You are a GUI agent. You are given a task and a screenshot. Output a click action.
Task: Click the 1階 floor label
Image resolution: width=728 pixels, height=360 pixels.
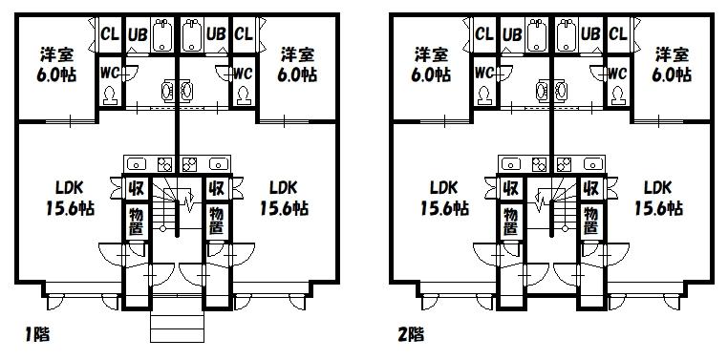(37, 334)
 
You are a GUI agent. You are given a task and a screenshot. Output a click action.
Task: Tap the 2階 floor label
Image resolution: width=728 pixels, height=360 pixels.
(411, 334)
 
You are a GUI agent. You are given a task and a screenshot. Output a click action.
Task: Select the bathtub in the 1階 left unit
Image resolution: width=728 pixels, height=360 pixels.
(161, 34)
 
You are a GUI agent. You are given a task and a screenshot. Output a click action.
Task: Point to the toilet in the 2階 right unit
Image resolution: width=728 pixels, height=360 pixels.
(617, 95)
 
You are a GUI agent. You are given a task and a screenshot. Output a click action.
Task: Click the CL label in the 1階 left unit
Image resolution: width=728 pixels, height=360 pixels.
(110, 33)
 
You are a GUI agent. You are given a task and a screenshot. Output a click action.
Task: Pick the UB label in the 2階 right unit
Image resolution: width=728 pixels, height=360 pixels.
(591, 33)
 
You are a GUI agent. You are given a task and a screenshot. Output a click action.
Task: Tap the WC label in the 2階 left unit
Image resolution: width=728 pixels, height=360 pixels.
(483, 73)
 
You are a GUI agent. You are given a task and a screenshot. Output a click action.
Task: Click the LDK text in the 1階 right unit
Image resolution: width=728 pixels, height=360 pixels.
(283, 187)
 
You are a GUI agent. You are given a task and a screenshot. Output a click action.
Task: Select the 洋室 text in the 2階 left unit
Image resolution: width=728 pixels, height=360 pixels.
(431, 54)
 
